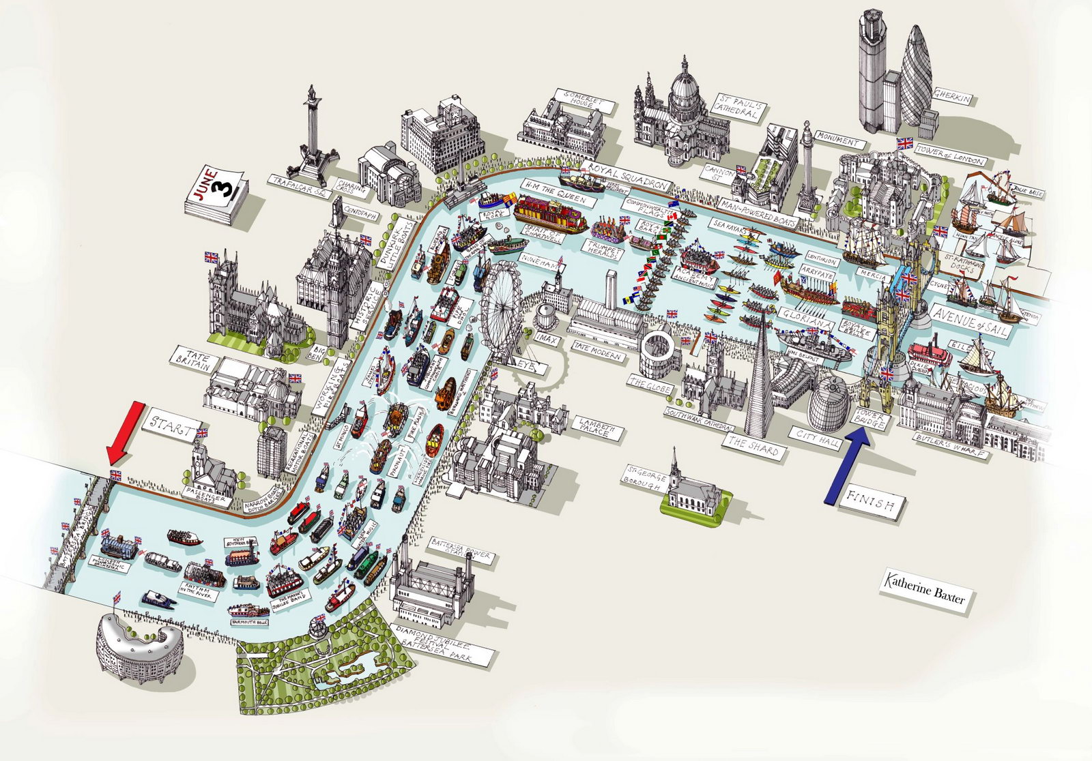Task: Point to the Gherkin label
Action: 953,98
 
